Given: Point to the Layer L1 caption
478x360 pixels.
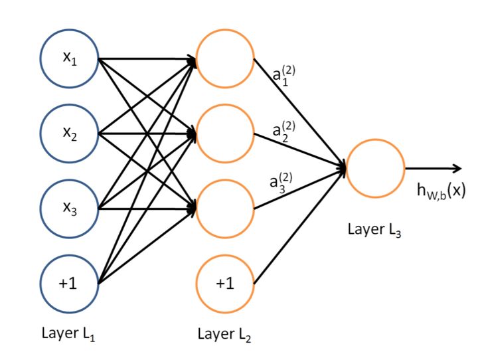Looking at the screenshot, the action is point(68,333).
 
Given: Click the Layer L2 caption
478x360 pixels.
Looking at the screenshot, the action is point(224,334).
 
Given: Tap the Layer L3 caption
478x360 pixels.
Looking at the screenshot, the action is point(374,229).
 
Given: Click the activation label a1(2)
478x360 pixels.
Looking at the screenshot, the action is point(284,76).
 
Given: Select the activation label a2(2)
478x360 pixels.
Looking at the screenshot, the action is point(284,132).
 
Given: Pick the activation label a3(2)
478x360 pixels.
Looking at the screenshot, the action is point(281,183).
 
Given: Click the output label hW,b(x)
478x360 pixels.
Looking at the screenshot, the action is point(441,191).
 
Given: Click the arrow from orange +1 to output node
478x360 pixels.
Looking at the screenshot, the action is point(300,226).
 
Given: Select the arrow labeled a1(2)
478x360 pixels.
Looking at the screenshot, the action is point(300,113).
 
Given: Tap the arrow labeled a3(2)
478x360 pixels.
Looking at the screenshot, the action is point(300,188).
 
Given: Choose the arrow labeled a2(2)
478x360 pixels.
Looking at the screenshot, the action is point(300,151).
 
